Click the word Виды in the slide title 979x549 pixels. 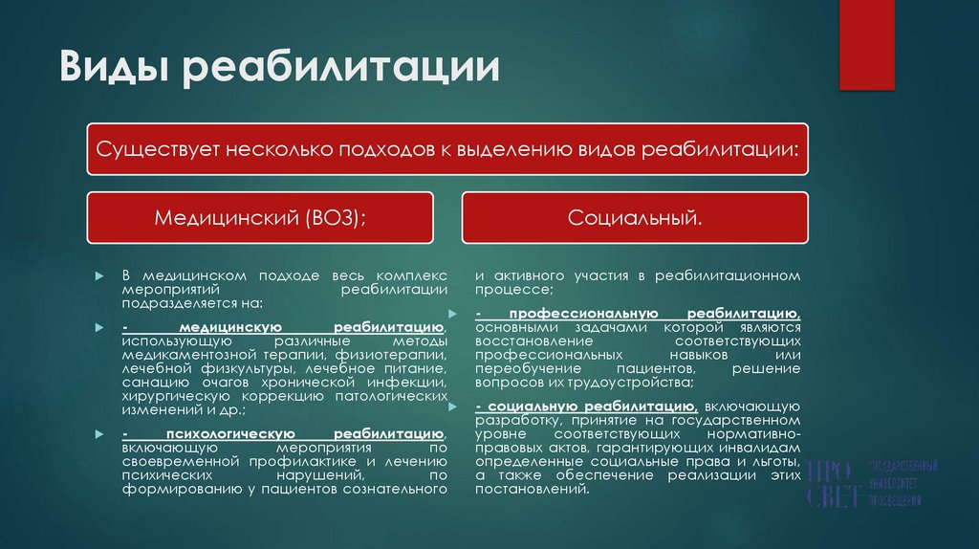[113, 67]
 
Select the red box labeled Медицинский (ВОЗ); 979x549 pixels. [260, 217]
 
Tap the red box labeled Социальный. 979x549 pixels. [636, 217]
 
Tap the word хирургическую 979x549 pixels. [172, 395]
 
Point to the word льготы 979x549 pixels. [774, 461]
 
